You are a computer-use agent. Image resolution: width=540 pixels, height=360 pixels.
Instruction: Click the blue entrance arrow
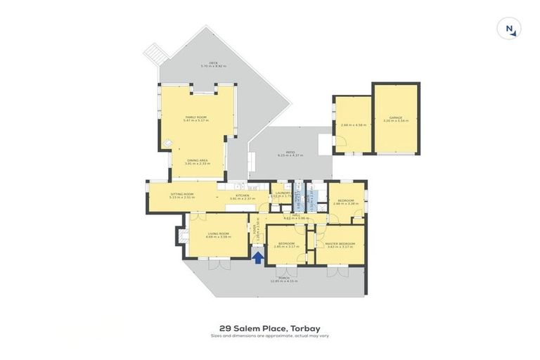click(258, 257)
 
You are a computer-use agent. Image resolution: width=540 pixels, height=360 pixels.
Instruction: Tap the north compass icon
click(508, 29)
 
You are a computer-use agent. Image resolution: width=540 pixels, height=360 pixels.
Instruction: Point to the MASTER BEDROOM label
click(340, 243)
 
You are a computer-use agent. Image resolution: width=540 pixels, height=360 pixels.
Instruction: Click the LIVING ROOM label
click(219, 233)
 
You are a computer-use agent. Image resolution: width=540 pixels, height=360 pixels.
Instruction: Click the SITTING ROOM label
click(181, 194)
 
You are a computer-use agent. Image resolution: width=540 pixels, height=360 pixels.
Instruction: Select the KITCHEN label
click(243, 195)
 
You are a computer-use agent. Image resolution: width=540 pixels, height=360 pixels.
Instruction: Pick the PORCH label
click(284, 278)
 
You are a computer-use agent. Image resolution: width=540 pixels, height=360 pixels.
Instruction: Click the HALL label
click(296, 216)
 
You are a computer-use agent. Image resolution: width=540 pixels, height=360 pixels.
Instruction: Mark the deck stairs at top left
click(154, 52)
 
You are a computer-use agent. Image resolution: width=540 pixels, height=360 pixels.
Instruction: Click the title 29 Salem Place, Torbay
click(269, 328)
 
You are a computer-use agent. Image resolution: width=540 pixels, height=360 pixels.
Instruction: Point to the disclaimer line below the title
click(269, 335)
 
